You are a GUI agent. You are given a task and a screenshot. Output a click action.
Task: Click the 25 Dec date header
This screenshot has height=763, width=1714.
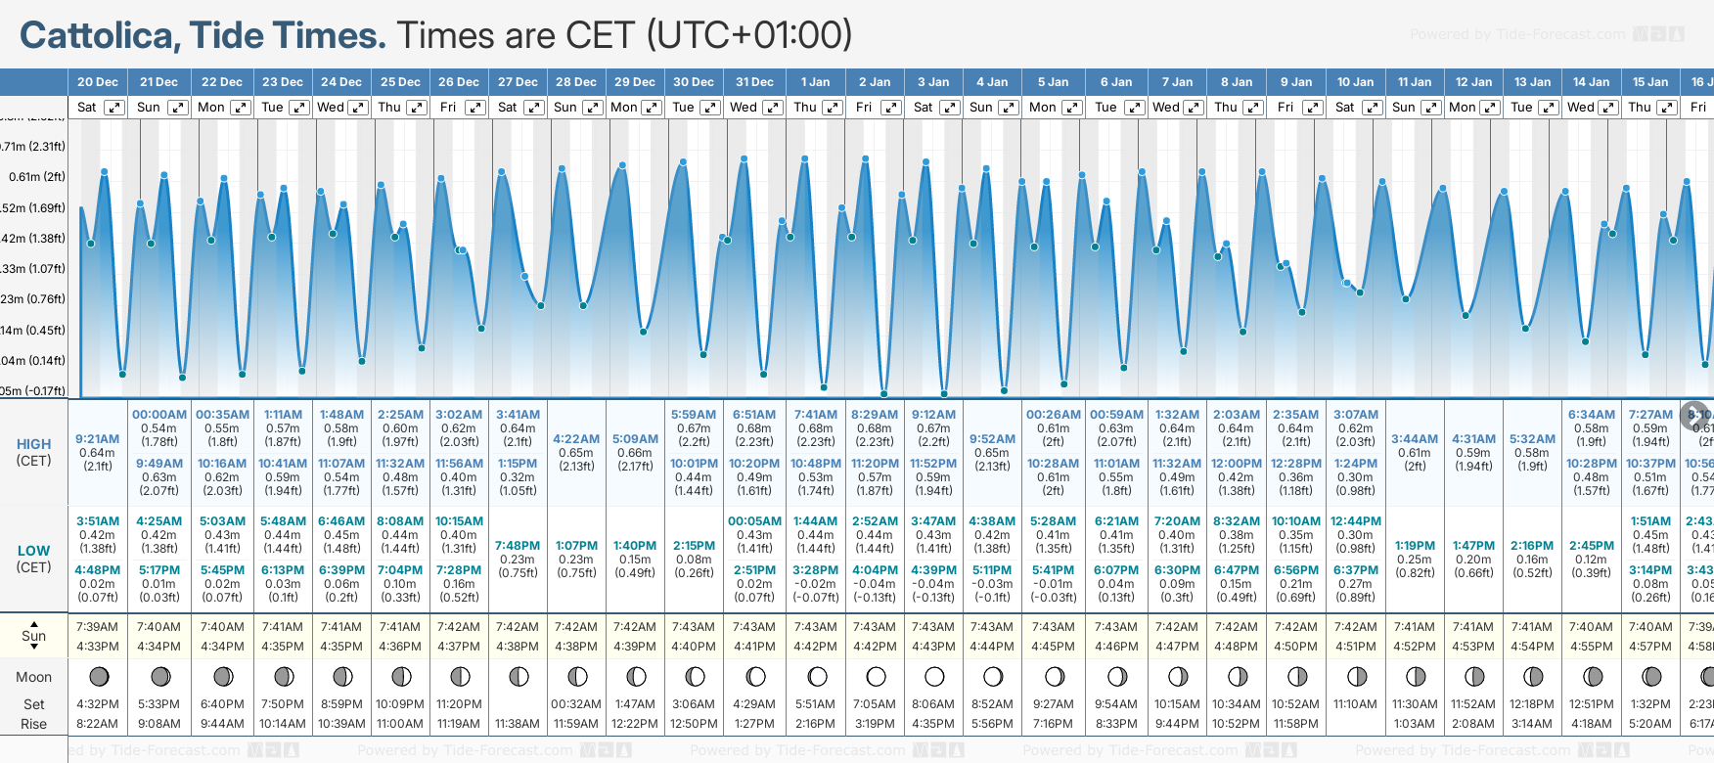[x=400, y=82]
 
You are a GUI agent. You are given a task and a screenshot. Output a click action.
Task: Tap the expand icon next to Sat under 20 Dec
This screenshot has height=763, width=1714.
[x=114, y=108]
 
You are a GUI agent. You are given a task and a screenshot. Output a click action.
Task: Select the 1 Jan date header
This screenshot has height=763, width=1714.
[x=815, y=82]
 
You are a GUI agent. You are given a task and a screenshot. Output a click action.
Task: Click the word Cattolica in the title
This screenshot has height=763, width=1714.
[x=96, y=36]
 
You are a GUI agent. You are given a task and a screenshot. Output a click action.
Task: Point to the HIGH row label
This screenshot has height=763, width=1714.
[x=33, y=444]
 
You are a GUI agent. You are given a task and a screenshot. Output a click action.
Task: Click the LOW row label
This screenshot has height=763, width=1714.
[x=33, y=551]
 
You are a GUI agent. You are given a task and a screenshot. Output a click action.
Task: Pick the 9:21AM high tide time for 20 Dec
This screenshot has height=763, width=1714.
[x=97, y=439]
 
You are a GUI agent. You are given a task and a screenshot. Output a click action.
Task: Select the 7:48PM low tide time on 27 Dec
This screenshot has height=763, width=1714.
[x=518, y=546]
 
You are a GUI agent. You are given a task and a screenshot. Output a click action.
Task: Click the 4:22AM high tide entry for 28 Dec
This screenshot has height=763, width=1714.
[x=576, y=439]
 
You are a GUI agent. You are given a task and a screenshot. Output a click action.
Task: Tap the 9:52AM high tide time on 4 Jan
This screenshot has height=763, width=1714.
[x=992, y=439]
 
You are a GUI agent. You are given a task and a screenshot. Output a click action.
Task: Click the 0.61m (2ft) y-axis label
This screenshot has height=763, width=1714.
[x=37, y=177]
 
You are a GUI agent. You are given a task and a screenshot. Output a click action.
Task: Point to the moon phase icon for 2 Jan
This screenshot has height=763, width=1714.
[x=876, y=676]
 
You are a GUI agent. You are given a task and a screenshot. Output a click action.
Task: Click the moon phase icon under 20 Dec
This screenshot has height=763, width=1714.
[x=98, y=676]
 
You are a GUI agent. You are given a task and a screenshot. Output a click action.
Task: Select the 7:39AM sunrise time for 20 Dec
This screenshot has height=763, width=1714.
[x=97, y=627]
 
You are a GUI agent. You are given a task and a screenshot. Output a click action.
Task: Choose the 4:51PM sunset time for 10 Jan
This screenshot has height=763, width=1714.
[x=1356, y=647]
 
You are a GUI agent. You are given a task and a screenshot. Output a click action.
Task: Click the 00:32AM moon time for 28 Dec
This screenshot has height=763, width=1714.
[x=576, y=704]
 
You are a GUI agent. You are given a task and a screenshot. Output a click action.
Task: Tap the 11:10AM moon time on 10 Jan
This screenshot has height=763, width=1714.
[x=1356, y=704]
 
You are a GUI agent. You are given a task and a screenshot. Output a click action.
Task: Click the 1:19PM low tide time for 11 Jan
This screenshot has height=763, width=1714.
[x=1415, y=546]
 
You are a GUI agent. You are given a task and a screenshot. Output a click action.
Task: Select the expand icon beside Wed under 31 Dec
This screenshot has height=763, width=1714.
[x=773, y=108]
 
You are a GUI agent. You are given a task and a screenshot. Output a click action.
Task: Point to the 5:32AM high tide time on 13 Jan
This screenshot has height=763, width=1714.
[x=1532, y=439]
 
